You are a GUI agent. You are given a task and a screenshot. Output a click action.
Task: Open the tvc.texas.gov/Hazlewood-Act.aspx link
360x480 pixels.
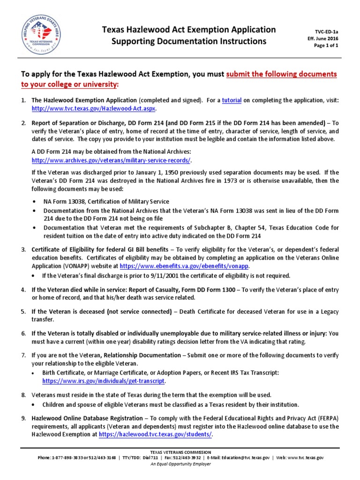click(x=96, y=108)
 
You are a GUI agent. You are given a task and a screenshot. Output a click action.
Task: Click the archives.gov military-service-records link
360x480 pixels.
click(x=111, y=160)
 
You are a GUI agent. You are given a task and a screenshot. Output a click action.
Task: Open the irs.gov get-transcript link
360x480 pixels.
click(x=104, y=381)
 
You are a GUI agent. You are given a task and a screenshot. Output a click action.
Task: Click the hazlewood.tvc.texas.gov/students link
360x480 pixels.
click(x=155, y=434)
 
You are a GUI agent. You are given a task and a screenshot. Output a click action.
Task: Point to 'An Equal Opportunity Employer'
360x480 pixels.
click(x=180, y=464)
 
